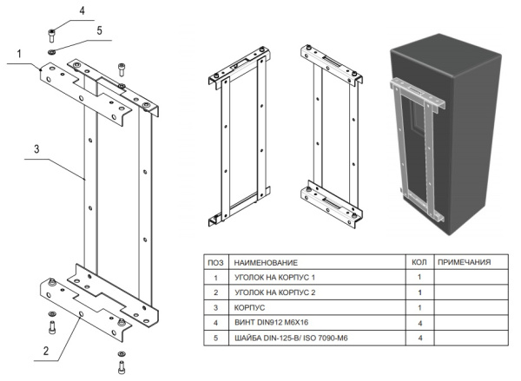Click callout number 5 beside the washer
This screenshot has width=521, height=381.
pos(100,30)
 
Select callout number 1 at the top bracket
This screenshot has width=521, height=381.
pos(17,56)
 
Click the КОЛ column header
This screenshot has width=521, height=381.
pos(419,261)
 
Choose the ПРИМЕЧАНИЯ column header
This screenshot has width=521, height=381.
pos(465,261)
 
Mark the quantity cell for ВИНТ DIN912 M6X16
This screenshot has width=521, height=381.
pos(419,323)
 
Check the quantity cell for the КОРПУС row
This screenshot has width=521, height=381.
pos(419,308)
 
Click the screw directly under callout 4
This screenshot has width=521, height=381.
pos(51,36)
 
